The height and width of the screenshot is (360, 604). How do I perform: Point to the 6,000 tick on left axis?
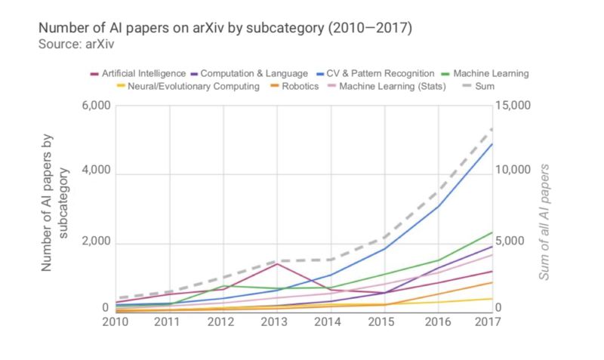tap(97, 106)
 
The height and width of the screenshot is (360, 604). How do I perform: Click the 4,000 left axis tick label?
tap(97, 173)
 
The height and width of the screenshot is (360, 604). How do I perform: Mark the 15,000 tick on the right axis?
tap(517, 106)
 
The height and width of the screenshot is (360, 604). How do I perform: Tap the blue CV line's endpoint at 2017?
tap(492, 143)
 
